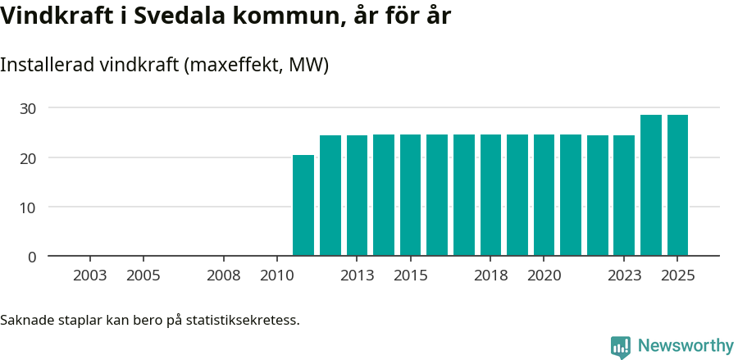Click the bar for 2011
303,205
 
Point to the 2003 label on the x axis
89,276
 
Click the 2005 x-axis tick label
143,276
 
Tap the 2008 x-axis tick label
223,276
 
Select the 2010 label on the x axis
276,276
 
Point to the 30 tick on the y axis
28,108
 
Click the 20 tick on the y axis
28,157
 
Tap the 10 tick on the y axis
28,207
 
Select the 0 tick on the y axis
32,257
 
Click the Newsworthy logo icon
621,346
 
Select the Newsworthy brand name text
685,346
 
